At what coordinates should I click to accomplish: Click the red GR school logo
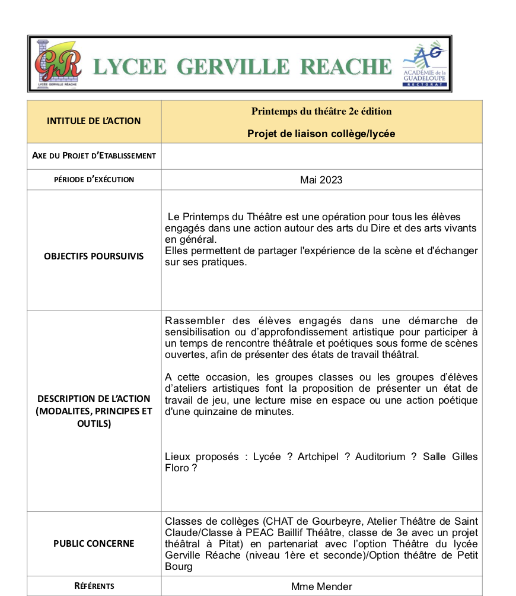(58, 63)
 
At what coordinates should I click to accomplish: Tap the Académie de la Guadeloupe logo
(425, 63)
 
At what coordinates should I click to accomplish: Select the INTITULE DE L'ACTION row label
(94, 121)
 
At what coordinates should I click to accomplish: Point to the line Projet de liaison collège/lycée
(321, 134)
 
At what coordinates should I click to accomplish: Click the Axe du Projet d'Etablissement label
(94, 156)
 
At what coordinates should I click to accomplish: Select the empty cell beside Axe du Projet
(321, 156)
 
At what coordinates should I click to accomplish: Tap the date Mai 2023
(321, 180)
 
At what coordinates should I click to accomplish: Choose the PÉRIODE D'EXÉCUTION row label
(94, 179)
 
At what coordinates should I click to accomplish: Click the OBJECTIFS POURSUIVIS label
(94, 256)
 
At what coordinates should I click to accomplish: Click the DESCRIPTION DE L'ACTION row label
(94, 411)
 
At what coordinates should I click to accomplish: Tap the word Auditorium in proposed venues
(380, 456)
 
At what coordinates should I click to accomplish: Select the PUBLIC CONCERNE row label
(94, 544)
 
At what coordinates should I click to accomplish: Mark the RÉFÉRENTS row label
(94, 586)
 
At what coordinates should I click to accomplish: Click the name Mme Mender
(321, 587)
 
